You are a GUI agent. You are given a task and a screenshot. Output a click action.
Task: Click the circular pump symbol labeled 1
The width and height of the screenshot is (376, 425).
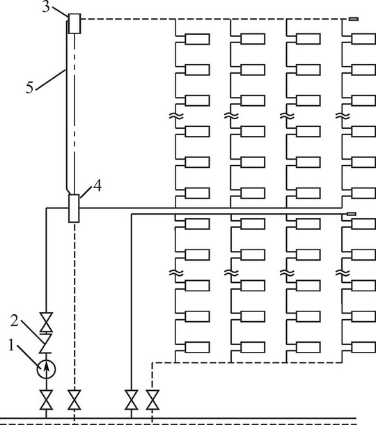tap(46, 369)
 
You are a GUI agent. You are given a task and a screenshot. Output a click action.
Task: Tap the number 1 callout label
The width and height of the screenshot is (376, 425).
tap(11, 346)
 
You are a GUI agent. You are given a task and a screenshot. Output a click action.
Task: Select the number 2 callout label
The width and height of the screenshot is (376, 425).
tap(15, 320)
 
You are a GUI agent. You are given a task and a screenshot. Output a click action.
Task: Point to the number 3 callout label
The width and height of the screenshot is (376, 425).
tap(46, 6)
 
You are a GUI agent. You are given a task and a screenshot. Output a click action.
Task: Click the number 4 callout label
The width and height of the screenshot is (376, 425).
tap(97, 186)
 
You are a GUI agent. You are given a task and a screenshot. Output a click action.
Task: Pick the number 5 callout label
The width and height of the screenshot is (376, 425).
tap(30, 87)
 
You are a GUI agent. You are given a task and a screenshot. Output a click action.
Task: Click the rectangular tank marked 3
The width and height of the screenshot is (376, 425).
tap(75, 24)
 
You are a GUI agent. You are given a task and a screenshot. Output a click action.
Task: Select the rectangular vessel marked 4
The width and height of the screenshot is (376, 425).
tap(74, 208)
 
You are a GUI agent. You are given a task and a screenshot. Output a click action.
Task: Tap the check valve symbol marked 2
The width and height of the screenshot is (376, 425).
tap(46, 343)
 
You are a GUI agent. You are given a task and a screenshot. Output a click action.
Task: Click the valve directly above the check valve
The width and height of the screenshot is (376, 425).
tap(46, 323)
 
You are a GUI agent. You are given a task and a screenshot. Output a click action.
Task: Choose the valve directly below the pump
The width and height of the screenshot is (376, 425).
tap(46, 400)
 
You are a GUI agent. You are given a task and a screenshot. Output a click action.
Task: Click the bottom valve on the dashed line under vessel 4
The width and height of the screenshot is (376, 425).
tap(75, 400)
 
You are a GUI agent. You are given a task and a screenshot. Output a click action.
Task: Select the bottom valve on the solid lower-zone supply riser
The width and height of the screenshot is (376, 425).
tap(132, 400)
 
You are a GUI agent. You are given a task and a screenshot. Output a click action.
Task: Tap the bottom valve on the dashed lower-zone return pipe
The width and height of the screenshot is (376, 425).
tap(152, 400)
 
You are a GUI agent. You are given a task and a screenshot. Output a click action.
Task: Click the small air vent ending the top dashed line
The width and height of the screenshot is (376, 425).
tap(354, 19)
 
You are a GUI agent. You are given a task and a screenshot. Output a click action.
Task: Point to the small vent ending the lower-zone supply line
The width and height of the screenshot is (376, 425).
tap(352, 214)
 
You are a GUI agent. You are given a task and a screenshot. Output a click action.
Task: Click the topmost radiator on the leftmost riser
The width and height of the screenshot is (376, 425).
tap(197, 39)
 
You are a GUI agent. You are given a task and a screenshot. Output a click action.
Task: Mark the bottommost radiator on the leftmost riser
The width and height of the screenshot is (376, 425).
tap(197, 348)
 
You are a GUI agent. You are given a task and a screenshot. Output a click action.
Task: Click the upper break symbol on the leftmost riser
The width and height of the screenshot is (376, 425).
tap(176, 116)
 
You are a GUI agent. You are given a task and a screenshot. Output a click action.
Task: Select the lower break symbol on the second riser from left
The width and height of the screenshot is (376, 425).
tap(232, 272)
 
